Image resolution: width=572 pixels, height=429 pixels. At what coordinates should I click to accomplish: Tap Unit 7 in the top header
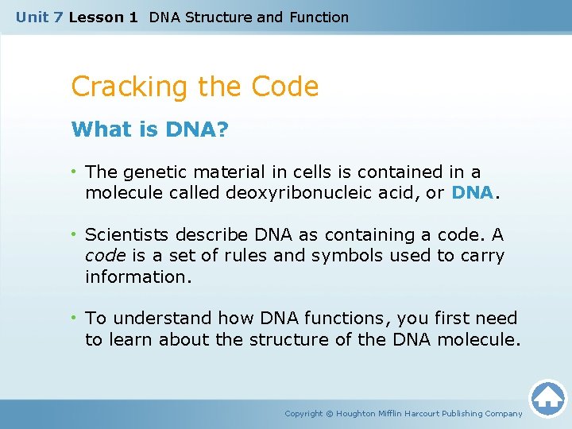click(38, 17)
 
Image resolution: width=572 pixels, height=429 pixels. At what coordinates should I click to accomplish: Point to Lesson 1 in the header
click(103, 17)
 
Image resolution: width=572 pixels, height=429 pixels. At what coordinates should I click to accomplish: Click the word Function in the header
click(319, 17)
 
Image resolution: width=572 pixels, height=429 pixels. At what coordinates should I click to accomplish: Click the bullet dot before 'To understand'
click(75, 319)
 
